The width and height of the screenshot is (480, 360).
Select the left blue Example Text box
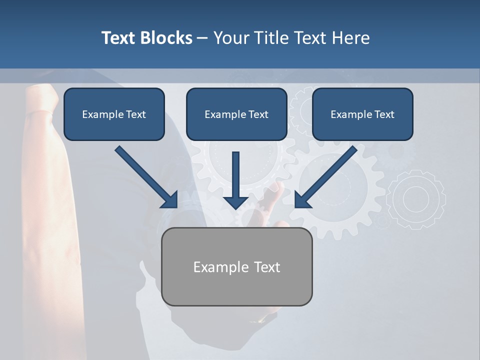click(114, 114)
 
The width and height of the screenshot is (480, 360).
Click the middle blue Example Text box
click(236, 114)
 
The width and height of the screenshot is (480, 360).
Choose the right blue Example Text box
click(362, 114)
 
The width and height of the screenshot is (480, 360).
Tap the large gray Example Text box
click(237, 266)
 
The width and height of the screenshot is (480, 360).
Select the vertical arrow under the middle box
click(235, 180)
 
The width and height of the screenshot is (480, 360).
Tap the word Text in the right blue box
click(384, 114)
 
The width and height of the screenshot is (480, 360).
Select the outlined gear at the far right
click(416, 199)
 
